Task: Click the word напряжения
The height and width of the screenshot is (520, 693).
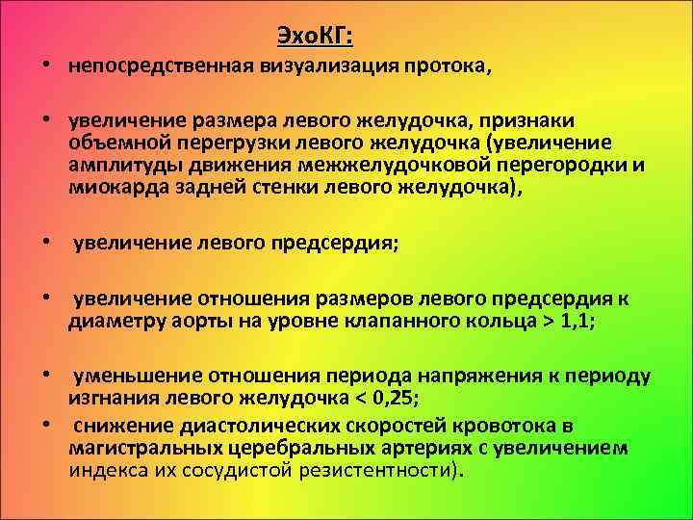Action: pyautogui.click(x=438, y=375)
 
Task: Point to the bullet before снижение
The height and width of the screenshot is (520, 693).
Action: pyautogui.click(x=45, y=427)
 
